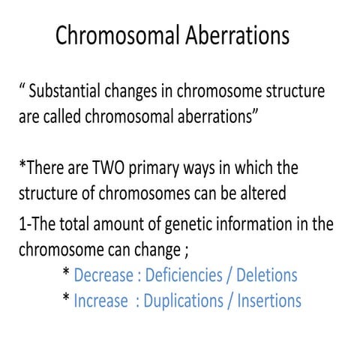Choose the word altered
262,192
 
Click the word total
93,224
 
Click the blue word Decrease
103,275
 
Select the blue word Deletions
266,275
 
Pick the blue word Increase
101,301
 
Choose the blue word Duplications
186,301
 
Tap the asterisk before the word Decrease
67,274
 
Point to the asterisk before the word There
22,164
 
